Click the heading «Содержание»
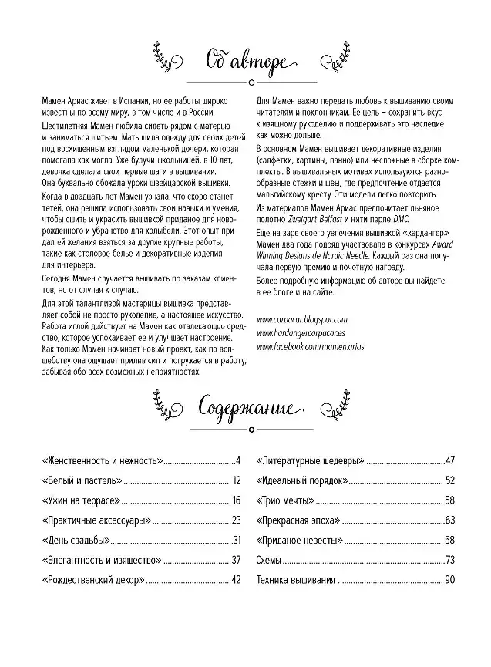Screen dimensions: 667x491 pos(245,407)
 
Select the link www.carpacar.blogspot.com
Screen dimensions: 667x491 pos(301,318)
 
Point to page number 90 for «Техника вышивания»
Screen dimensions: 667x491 pos(451,580)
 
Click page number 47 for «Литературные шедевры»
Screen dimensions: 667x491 pos(451,461)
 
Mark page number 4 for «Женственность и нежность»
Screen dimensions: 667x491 pos(239,461)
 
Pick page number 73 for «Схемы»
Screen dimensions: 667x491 pos(451,560)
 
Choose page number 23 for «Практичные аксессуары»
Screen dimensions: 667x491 pos(237,520)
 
